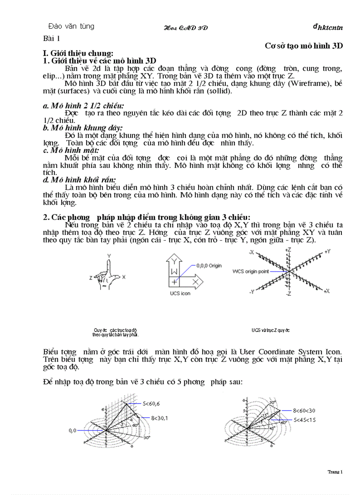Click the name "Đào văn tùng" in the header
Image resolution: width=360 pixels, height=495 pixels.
71,26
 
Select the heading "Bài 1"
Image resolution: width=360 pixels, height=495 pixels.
54,38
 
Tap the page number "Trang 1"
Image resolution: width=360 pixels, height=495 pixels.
335,472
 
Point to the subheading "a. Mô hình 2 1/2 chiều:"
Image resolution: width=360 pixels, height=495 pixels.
83,106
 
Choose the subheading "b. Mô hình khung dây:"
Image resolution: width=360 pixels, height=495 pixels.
82,128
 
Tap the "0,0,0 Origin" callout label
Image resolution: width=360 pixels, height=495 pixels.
209,265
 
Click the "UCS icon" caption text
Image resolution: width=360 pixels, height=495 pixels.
180,294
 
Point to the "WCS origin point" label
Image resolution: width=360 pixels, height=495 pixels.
250,272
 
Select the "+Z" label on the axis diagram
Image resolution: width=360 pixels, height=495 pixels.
289,250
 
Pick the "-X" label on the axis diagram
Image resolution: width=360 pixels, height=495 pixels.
251,252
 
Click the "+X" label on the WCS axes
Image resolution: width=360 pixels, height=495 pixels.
327,291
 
